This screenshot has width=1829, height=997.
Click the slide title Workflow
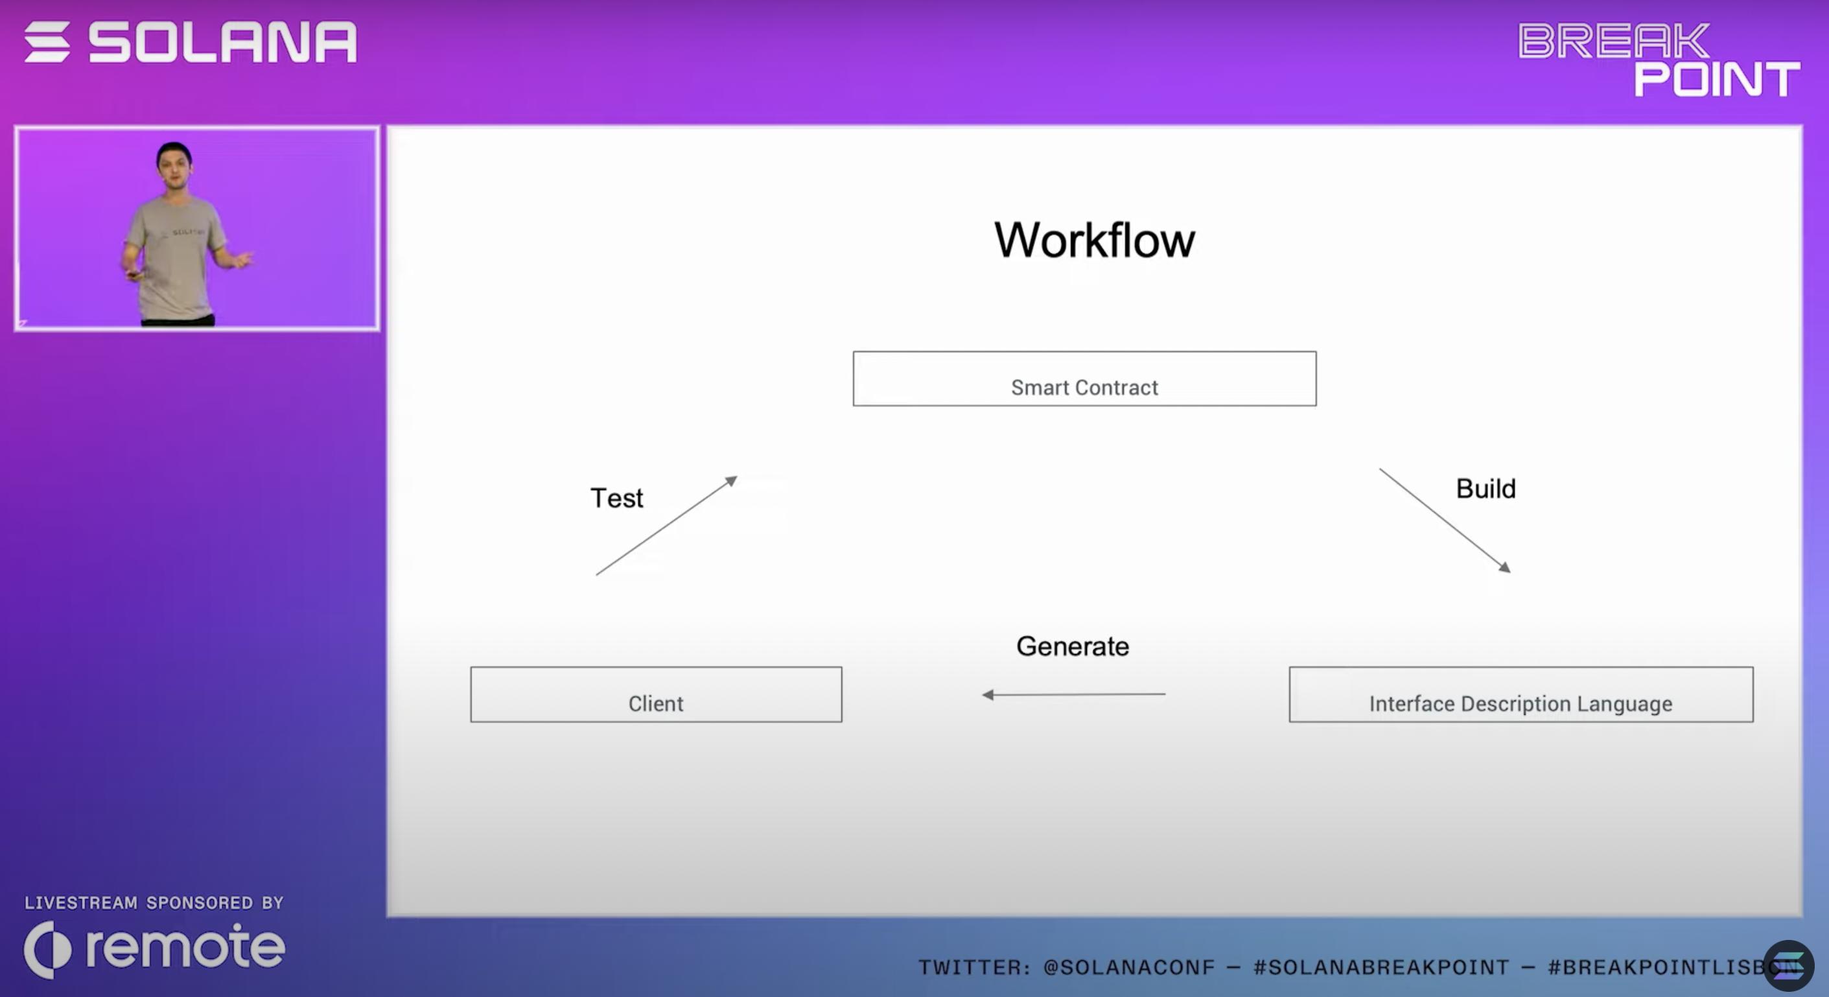1094,240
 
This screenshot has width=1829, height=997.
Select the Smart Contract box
1084,379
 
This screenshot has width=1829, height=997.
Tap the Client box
655,694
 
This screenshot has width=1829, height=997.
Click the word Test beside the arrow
616,498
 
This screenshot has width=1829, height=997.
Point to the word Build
1485,489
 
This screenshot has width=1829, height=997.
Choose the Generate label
1072,646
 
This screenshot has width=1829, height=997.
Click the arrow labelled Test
666,526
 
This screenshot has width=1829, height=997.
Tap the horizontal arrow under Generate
1073,694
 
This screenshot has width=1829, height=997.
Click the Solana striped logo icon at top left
47,42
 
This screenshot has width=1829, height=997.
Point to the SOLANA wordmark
222,42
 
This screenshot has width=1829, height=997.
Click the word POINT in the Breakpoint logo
1716,79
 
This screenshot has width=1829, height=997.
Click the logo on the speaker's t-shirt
186,232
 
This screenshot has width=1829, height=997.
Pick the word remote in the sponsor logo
185,946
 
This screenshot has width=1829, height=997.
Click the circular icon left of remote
47,950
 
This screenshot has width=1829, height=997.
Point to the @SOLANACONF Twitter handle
1129,967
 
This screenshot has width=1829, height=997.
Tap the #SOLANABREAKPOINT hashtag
1381,967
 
